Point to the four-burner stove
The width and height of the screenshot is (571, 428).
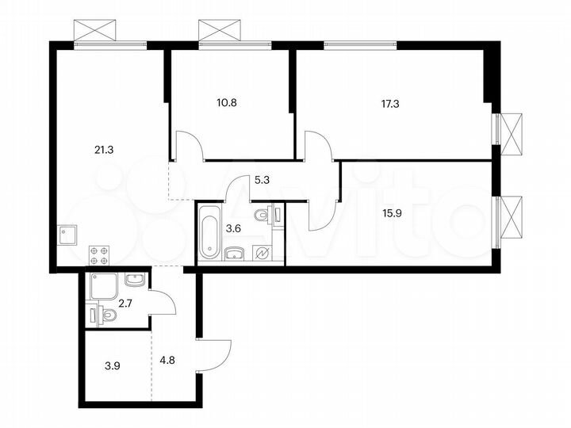click(99, 254)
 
